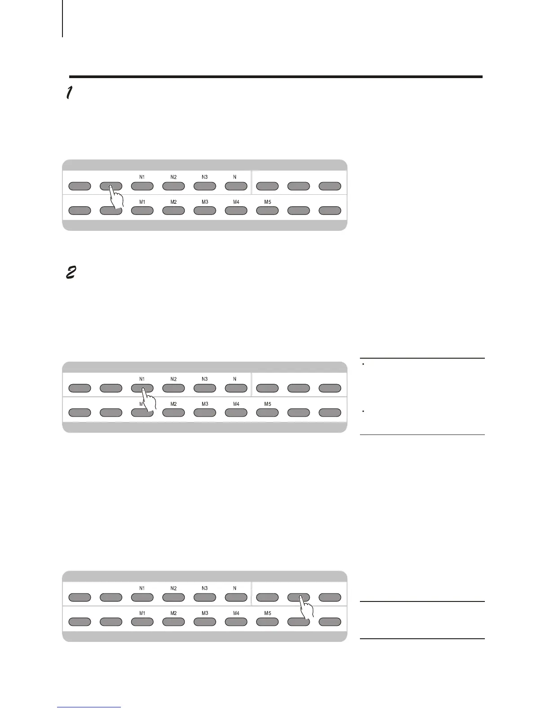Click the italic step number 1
click(69, 93)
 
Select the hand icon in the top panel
click(116, 197)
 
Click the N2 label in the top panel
click(173, 177)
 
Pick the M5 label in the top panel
click(267, 202)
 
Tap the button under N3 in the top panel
click(205, 186)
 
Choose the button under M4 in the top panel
click(236, 211)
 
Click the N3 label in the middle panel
click(205, 379)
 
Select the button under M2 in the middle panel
click(173, 413)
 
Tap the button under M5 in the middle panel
click(267, 413)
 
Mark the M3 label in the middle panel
click(205, 404)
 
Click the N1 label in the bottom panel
click(142, 588)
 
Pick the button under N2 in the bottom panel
click(173, 597)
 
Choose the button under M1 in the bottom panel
click(142, 622)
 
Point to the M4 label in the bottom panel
click(236, 613)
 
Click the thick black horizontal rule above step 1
click(275, 77)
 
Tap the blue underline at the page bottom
click(89, 707)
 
